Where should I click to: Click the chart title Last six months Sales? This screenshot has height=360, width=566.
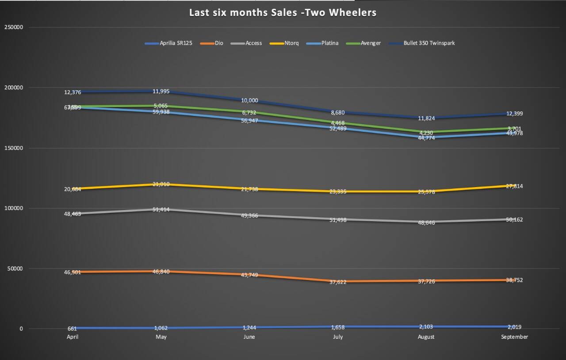tap(283, 12)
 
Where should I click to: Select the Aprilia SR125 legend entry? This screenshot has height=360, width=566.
tap(176, 43)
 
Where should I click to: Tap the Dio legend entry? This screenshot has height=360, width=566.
tap(219, 43)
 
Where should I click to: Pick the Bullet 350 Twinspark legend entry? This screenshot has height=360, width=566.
tap(428, 43)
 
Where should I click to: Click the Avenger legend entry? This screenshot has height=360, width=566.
tap(371, 43)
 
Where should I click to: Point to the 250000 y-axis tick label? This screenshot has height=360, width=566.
tap(14, 27)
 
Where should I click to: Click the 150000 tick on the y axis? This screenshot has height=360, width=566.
tap(14, 148)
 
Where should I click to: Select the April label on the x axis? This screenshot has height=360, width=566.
tap(73, 337)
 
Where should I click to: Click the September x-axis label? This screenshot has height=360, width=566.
tap(514, 337)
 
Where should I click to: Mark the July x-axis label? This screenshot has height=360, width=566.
tap(337, 337)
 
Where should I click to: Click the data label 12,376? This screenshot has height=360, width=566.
tap(73, 92)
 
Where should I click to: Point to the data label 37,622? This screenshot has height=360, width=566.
tap(338, 282)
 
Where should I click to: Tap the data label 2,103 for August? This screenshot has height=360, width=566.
tap(426, 326)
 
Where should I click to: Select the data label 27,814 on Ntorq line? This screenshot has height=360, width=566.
tap(514, 187)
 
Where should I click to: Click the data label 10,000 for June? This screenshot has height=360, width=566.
tap(249, 101)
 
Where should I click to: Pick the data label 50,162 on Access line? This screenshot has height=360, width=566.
tap(514, 220)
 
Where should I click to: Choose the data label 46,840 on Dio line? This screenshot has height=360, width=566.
tap(161, 272)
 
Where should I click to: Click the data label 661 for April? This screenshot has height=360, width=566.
tap(73, 329)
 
